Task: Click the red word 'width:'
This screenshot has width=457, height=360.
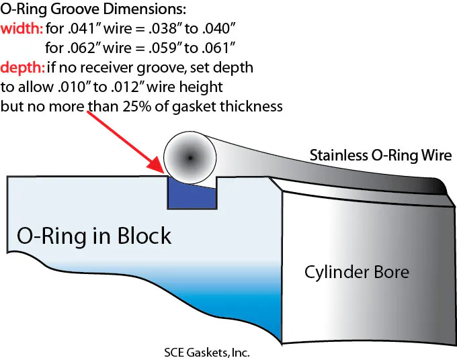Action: [22, 30]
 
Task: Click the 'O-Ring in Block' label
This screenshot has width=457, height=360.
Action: [94, 236]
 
